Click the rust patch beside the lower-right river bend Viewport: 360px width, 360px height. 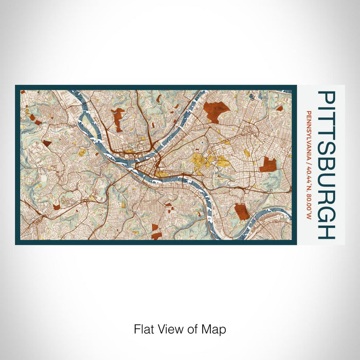tap(242, 211)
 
